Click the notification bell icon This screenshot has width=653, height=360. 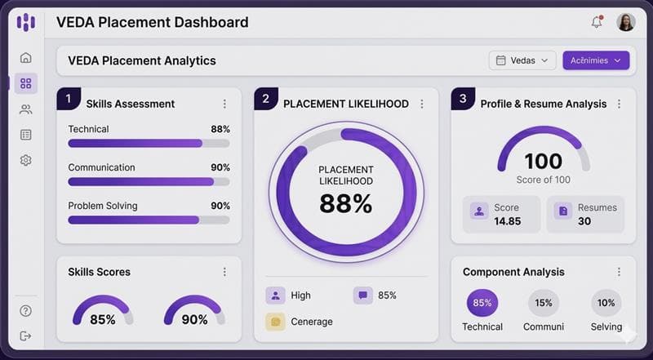(x=597, y=22)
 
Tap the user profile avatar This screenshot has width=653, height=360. (x=626, y=22)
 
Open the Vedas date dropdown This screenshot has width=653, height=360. (x=522, y=60)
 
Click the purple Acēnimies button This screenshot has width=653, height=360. (x=596, y=60)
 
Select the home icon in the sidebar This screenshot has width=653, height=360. (x=26, y=58)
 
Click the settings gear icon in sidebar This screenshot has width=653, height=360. (x=26, y=160)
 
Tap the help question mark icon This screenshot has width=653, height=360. (x=26, y=311)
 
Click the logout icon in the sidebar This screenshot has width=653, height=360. (x=26, y=336)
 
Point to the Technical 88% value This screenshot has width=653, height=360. (x=220, y=129)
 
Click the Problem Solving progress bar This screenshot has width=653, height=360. (x=149, y=220)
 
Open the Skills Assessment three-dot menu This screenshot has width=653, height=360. (x=224, y=104)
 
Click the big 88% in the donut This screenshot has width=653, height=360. (x=345, y=203)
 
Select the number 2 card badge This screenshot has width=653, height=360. (x=265, y=100)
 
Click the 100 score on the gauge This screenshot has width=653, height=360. (x=543, y=162)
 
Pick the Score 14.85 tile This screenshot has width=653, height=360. (x=501, y=215)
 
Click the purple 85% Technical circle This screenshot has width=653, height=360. (x=482, y=303)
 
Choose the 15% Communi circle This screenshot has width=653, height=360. (x=544, y=303)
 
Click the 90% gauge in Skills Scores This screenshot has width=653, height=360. (x=194, y=313)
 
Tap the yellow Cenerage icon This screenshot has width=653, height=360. (x=275, y=322)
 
